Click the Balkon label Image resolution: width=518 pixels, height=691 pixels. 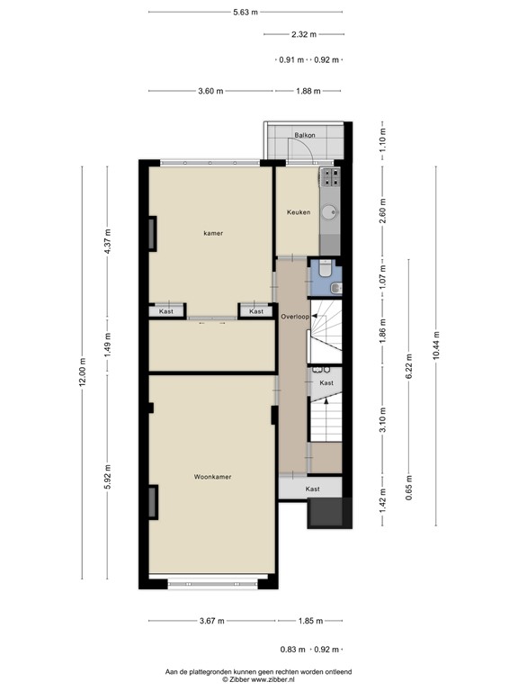pos(305,136)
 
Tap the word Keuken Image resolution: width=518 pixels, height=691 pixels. pos(298,212)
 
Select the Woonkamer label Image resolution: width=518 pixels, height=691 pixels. pos(212,477)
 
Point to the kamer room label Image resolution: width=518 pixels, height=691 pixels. pos(213,233)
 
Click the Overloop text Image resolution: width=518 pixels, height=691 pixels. pos(295,317)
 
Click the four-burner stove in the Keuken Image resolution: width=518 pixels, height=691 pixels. pos(330,176)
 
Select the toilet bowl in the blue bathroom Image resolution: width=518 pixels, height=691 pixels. pos(335,287)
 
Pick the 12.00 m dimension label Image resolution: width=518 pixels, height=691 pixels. pos(83,372)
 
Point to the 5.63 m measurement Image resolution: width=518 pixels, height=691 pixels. pos(245,13)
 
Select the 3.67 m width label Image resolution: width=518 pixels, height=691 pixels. pos(212,621)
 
